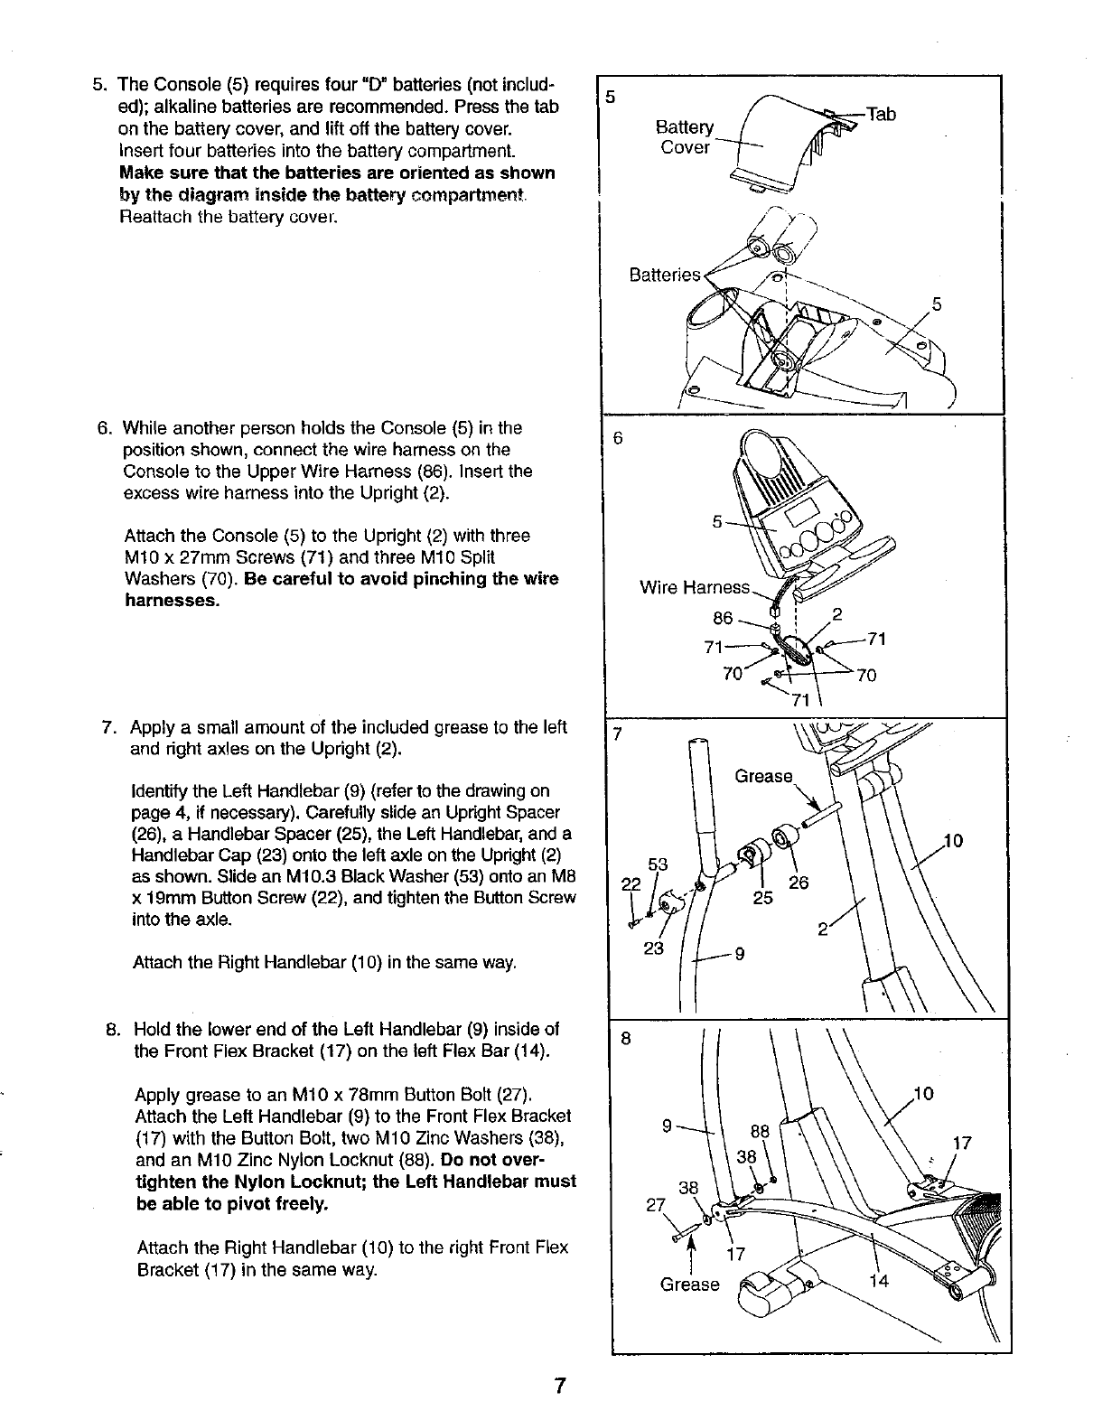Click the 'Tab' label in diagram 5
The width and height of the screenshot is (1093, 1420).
881,114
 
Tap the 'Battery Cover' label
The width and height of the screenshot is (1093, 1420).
684,137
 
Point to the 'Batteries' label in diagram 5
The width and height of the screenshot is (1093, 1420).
664,275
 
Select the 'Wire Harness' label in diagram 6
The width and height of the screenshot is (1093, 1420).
694,588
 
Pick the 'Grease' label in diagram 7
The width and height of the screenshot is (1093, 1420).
763,776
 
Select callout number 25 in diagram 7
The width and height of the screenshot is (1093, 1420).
763,898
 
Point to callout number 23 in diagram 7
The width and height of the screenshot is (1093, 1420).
653,948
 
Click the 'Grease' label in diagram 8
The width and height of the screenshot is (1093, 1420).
689,1285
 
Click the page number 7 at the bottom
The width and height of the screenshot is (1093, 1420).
560,1386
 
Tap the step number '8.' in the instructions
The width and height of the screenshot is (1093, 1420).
114,1029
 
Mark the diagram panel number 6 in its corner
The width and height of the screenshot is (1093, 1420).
618,439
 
